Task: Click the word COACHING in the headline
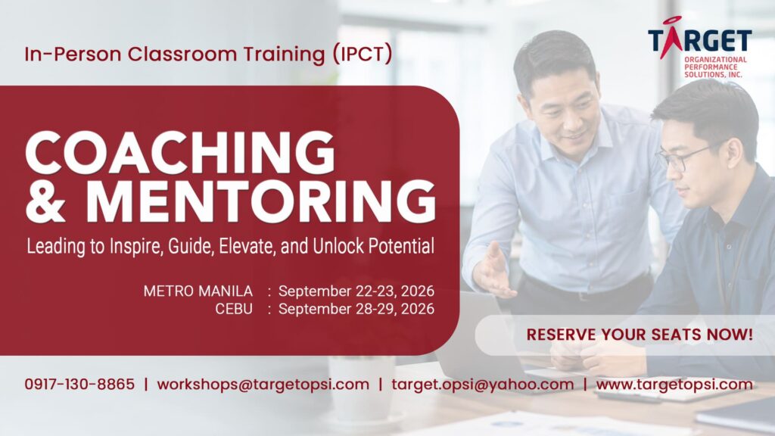[180, 152]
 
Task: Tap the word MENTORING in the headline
[260, 201]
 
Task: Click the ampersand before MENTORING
[45, 201]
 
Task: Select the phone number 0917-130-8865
[79, 384]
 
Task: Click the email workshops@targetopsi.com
[263, 385]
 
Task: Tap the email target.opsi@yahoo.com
[483, 385]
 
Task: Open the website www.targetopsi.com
[674, 385]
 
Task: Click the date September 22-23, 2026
[356, 291]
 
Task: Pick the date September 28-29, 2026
[356, 309]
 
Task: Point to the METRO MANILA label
[198, 291]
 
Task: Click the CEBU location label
[234, 309]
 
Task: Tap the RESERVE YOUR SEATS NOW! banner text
[640, 335]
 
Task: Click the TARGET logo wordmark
[700, 39]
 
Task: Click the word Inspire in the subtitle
[135, 247]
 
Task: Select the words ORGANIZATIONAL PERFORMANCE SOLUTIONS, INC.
[715, 67]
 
